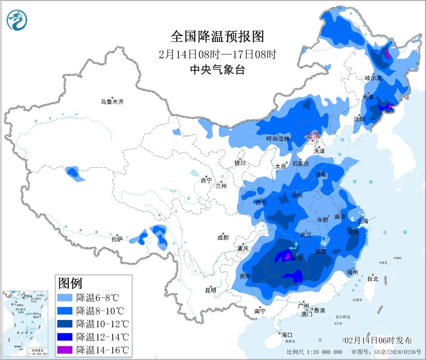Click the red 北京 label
(312, 136)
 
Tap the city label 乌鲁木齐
(112, 102)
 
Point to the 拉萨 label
(117, 238)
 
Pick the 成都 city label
(223, 237)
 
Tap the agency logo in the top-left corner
(18, 20)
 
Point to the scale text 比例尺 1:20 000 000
(315, 352)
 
